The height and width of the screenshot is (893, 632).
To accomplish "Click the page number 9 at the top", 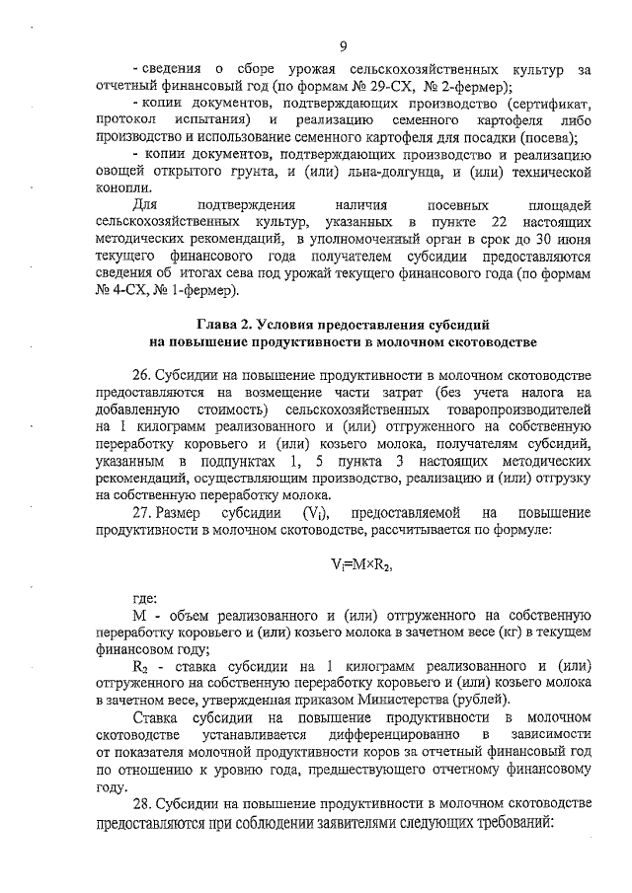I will pyautogui.click(x=342, y=46).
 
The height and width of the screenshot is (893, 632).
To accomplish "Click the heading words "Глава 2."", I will pyautogui.click(x=227, y=325).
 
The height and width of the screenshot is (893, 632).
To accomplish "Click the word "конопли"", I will pyautogui.click(x=124, y=187).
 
